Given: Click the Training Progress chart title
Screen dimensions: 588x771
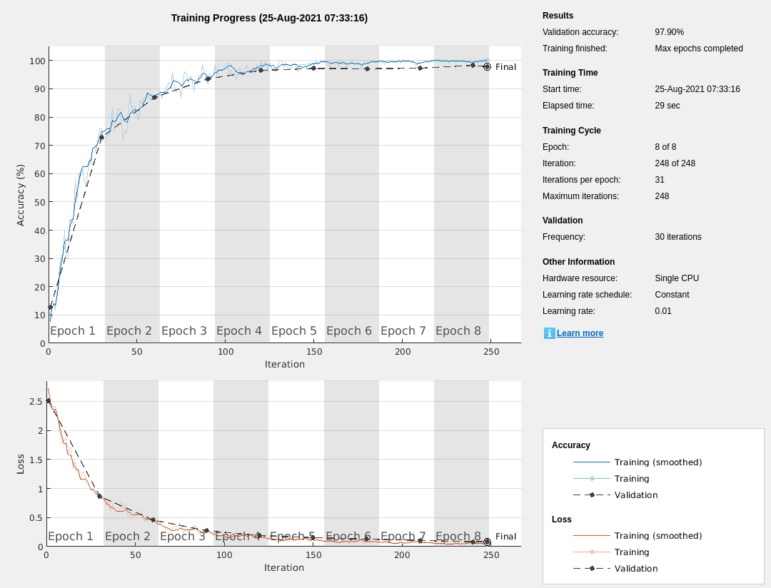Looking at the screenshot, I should pos(269,18).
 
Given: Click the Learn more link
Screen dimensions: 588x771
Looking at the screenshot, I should pos(580,333).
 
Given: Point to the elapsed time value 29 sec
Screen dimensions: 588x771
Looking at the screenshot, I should pos(667,106).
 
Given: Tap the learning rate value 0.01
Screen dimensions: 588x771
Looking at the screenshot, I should pos(662,311).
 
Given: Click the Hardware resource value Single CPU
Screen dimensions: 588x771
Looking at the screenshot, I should pos(677,278).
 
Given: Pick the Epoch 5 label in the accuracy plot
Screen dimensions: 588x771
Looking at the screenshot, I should pos(293,331).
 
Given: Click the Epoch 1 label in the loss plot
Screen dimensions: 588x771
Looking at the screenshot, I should pos(70,537).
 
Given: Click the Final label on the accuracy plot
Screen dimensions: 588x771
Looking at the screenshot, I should pos(505,67).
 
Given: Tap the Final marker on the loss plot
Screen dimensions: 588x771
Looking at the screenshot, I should pos(487,542).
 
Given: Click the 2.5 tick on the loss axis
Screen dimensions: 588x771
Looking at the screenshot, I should pos(36,402).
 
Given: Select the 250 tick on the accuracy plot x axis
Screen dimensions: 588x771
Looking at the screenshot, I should pos(491,352).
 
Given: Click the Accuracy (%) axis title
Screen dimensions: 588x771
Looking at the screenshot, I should pos(20,195).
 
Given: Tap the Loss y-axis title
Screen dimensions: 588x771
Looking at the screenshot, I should pos(20,465).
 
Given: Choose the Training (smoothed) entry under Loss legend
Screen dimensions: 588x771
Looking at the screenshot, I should pos(657,536).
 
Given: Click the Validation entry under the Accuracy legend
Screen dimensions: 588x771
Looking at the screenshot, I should pos(635,495).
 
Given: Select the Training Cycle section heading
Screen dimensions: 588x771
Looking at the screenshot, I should pos(571,131).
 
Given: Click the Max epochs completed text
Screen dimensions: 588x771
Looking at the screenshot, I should pos(698,49).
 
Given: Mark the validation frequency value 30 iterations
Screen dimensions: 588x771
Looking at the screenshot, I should pos(677,237).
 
